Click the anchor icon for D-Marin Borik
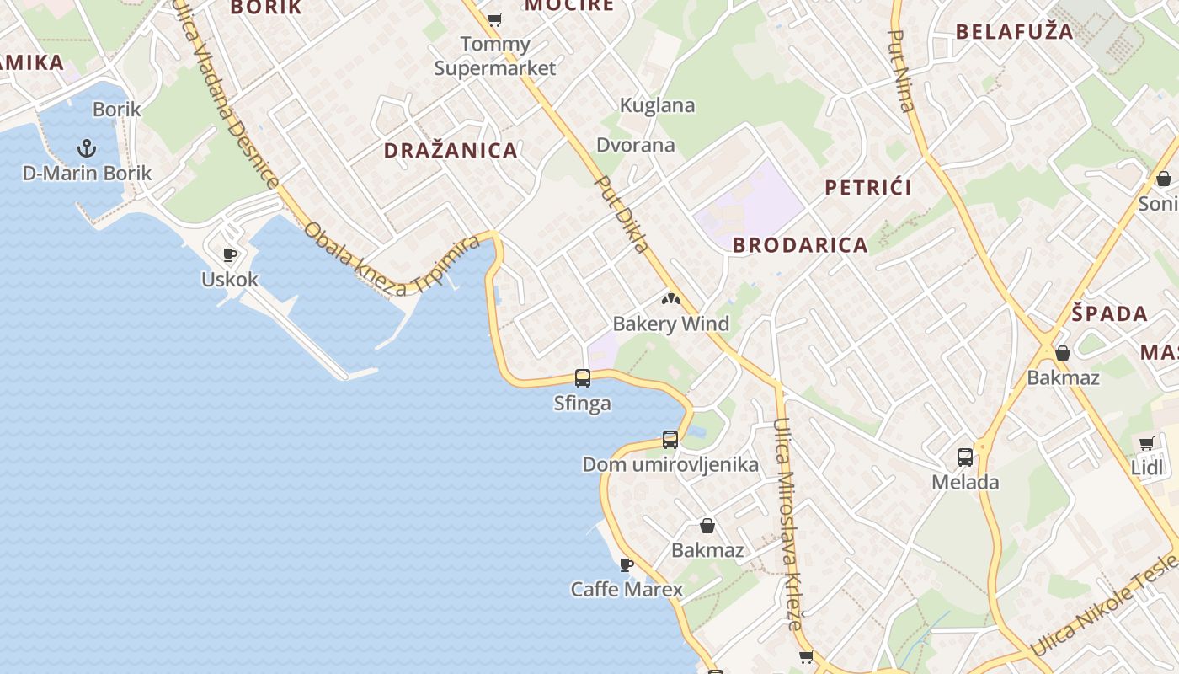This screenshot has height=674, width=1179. tap(86, 149)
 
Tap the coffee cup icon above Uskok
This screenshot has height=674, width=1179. tap(229, 254)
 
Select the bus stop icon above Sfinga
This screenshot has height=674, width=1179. tap(582, 377)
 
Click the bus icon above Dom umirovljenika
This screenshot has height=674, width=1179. tap(670, 439)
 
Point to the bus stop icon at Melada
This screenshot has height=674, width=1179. tap(965, 457)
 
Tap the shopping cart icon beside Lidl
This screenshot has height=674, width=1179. tap(1146, 443)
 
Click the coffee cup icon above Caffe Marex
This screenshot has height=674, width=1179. tap(626, 564)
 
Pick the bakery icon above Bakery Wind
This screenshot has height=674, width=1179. tap(670, 299)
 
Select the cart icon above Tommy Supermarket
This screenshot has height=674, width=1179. tap(495, 19)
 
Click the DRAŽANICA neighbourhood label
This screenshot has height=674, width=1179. tap(451, 151)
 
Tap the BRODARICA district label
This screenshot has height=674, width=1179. tap(800, 245)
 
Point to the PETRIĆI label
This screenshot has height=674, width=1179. tap(868, 187)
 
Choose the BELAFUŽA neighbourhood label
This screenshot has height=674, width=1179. tap(1015, 32)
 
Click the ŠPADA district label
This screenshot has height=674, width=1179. tap(1110, 314)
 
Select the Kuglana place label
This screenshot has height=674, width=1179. tap(658, 105)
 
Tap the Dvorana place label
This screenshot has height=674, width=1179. tap(636, 145)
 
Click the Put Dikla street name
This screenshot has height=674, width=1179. tap(622, 213)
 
